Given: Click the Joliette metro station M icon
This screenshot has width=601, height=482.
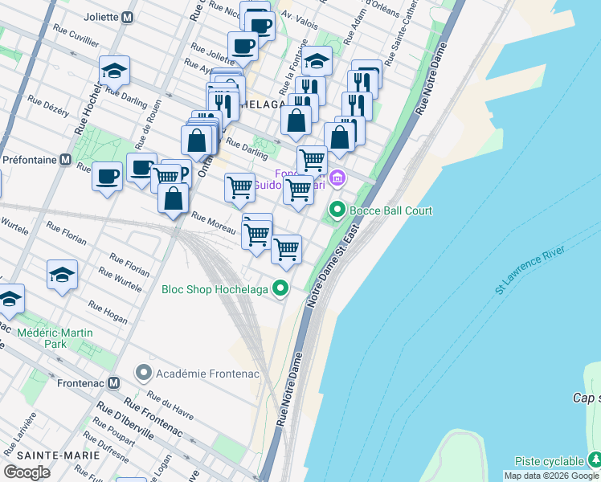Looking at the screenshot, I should [126, 18].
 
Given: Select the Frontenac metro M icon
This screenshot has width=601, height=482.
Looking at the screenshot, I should [114, 383].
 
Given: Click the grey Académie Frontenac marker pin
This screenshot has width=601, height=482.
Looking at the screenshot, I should [144, 373].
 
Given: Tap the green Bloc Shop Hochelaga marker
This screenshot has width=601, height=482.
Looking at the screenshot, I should [280, 288].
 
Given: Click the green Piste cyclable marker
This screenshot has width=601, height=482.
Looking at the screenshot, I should [594, 460].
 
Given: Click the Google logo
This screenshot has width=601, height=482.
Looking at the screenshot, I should [27, 472].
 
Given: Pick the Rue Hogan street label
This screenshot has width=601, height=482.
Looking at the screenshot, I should [108, 312].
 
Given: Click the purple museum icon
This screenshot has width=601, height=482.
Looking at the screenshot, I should [338, 178].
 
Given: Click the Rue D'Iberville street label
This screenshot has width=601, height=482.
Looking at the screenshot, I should [125, 419].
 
